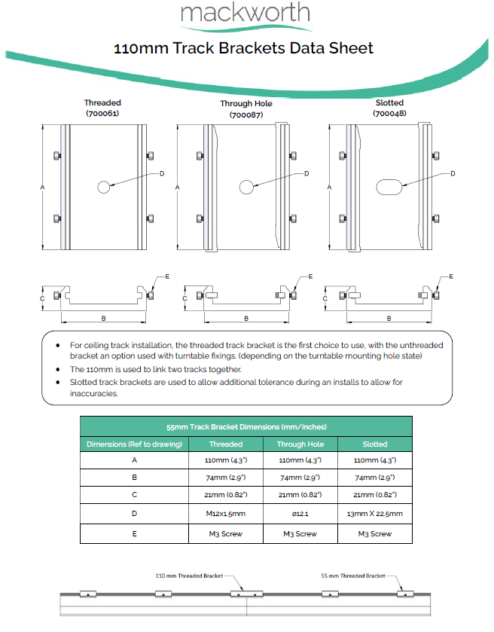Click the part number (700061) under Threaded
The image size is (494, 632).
(102, 113)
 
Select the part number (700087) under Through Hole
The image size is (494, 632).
(246, 114)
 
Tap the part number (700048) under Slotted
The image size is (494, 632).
(389, 113)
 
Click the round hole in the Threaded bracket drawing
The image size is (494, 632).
(102, 186)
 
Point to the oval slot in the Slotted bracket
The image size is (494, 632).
(389, 187)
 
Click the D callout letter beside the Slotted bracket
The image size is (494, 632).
(453, 174)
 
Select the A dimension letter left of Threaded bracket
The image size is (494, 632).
(43, 186)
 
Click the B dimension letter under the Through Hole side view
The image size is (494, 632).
(246, 319)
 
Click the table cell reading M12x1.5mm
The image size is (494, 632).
(225, 514)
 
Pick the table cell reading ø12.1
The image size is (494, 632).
(300, 514)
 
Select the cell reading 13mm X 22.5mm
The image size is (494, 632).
(375, 514)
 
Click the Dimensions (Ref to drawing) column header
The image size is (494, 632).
(134, 444)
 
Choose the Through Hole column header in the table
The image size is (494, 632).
(300, 444)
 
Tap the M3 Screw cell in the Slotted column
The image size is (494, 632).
(375, 533)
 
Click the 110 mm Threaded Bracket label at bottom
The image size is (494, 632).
(189, 576)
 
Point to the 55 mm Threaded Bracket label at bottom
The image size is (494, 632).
(352, 576)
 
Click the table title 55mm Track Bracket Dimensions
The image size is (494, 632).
(246, 426)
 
